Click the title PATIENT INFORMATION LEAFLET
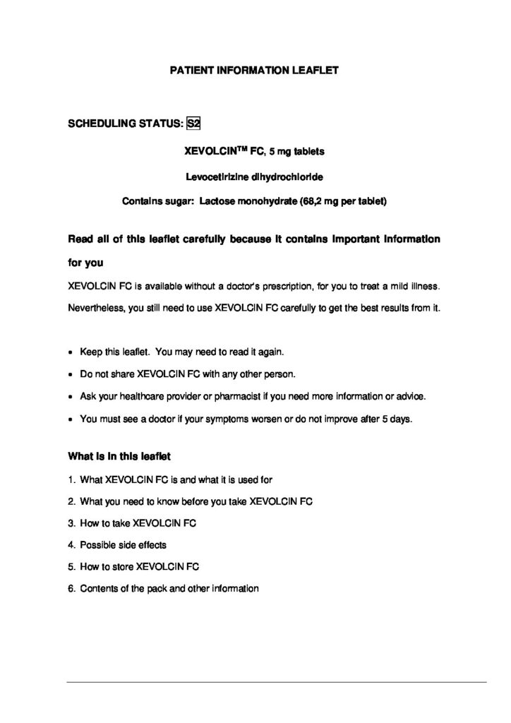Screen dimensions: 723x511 255,71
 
